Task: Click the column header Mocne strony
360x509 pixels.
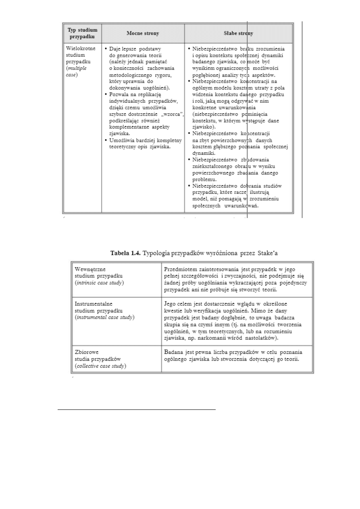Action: click(x=143, y=33)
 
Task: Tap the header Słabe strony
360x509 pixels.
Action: click(x=238, y=33)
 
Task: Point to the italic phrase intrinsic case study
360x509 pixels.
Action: click(x=100, y=283)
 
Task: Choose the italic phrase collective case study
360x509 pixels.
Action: click(x=100, y=366)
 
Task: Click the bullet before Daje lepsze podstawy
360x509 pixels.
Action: click(x=106, y=49)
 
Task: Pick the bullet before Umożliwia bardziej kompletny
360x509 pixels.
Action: click(x=106, y=140)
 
